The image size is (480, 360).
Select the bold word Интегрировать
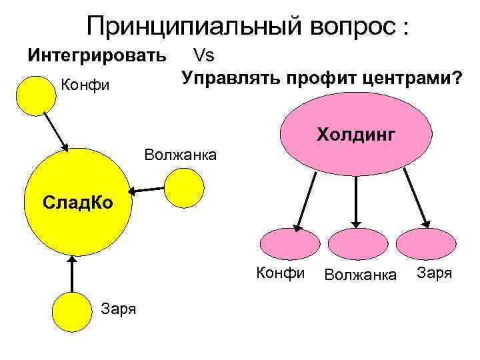point(96,55)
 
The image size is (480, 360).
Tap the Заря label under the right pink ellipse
point(435,273)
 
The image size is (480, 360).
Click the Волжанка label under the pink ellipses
point(360,274)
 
